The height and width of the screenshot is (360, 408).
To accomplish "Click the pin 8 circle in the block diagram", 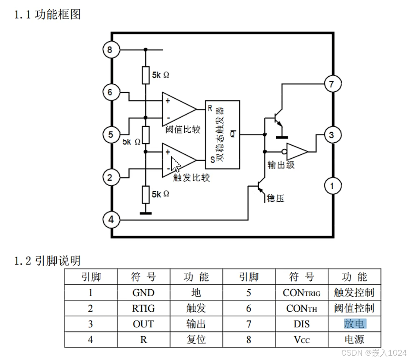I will coord(110,49).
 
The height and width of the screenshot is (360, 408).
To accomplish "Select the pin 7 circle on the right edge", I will coord(331,84).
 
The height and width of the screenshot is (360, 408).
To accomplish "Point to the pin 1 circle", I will coord(332,186).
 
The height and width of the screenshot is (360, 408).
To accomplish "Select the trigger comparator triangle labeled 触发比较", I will coord(177,161).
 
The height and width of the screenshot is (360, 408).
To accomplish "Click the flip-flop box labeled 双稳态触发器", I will coord(222,134).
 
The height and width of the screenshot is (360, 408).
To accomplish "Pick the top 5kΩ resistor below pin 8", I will coord(146,75).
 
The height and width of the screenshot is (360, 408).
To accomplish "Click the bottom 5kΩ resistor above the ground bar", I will coord(146,195).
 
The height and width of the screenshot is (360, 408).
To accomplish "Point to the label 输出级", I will coord(281,165).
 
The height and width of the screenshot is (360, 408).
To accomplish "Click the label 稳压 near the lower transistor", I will coord(275,198).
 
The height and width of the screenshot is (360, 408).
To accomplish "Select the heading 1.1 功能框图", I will coord(47,15).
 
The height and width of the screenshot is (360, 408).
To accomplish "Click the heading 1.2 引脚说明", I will coord(47,261).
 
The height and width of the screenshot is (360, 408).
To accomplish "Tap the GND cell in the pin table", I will coord(143,293).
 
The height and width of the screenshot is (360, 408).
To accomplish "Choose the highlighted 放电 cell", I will coord(355,324).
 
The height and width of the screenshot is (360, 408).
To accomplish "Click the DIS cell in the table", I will coord(301,324).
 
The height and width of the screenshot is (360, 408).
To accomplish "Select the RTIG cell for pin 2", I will coord(143,308).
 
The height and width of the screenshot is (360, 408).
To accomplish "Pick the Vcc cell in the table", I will coord(301,340).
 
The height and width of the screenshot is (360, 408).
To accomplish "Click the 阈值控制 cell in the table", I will coord(354,308).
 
